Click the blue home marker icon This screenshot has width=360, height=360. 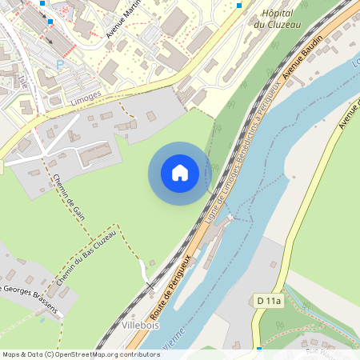click(180, 172)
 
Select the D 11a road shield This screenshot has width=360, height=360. click(270, 300)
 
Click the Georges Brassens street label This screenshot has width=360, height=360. click(32, 299)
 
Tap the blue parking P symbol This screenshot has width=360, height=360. click(59, 63)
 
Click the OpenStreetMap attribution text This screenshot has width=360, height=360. click(80, 354)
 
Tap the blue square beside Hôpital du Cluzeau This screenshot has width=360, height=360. click(238, 5)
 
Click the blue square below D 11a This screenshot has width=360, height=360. click(259, 349)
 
